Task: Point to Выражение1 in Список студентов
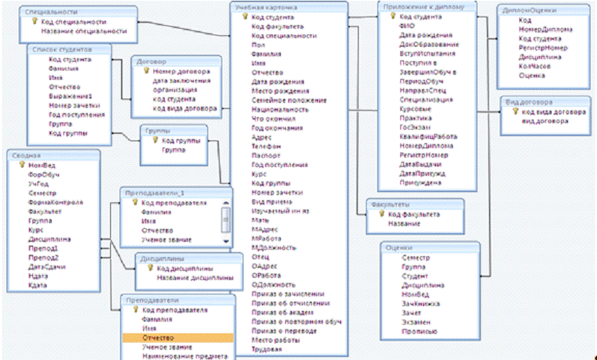(x=71, y=96)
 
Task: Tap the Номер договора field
(x=181, y=72)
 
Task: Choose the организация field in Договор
(x=174, y=91)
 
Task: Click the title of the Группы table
(x=158, y=132)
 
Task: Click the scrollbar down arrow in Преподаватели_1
(x=225, y=241)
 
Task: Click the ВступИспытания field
(x=426, y=53)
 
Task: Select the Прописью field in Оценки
(x=419, y=331)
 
